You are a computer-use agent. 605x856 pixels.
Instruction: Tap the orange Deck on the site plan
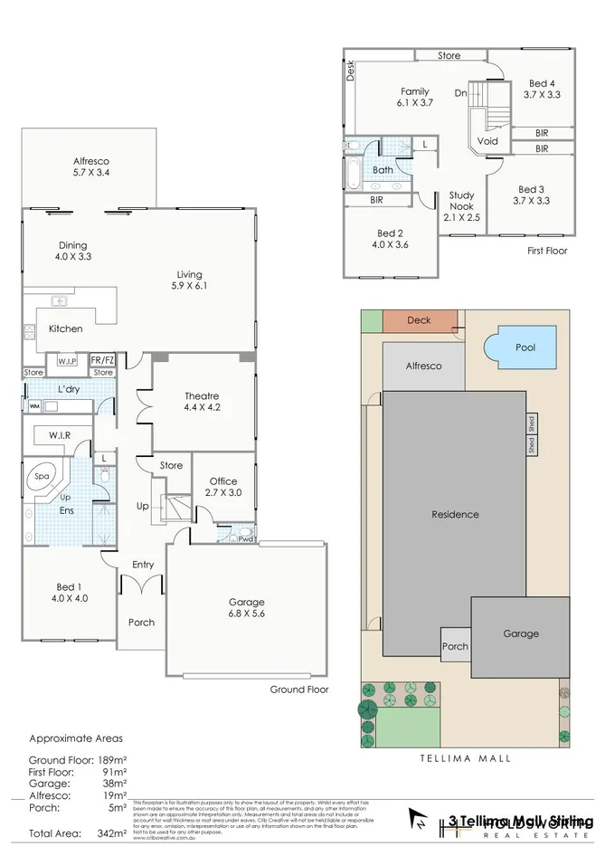(419, 320)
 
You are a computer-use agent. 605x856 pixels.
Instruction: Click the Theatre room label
(202, 402)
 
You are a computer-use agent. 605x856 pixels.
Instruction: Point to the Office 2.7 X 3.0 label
(223, 487)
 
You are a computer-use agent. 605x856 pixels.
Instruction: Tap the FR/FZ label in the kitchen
(102, 360)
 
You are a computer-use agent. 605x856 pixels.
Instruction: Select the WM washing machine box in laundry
(34, 406)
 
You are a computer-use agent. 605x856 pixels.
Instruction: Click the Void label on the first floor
(487, 141)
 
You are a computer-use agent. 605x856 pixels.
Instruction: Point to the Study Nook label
(462, 205)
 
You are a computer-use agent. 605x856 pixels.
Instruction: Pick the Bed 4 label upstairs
(542, 88)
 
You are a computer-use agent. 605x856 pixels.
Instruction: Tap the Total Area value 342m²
(109, 832)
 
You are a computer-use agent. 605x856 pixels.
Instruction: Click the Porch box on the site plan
(455, 646)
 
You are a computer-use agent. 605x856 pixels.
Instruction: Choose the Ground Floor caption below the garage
(299, 689)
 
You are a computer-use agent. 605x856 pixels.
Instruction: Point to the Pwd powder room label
(245, 539)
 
